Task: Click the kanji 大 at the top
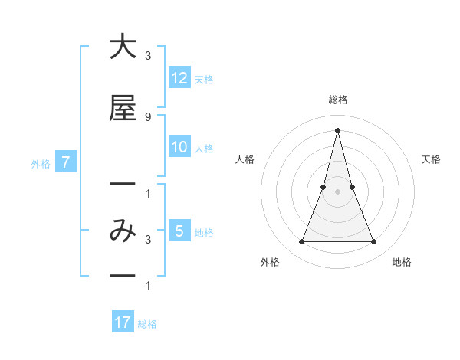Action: click(123, 47)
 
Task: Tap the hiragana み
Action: click(123, 231)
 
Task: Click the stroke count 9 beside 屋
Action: click(147, 116)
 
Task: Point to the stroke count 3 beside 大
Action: click(147, 56)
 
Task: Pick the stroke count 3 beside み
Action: click(147, 240)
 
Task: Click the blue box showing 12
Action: click(179, 78)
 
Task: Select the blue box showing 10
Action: click(179, 147)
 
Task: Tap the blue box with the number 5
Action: click(179, 231)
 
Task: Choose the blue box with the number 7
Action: click(67, 162)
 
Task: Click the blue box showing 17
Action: click(123, 322)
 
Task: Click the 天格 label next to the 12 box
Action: click(204, 79)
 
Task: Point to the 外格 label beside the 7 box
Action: click(41, 163)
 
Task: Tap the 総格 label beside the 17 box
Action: click(147, 324)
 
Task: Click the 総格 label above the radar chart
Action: click(337, 100)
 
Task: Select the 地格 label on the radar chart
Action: click(402, 263)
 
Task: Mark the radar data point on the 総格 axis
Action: click(337, 130)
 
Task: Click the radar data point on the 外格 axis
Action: click(301, 242)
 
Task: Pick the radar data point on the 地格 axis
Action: click(374, 242)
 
